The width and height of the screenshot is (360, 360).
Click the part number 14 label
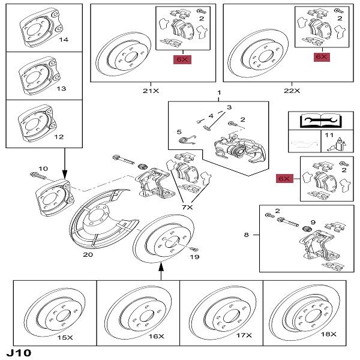click(x=64, y=40)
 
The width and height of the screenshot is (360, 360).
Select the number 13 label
click(x=61, y=88)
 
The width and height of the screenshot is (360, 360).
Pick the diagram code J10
click(x=19, y=352)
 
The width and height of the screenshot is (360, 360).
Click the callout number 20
click(x=88, y=254)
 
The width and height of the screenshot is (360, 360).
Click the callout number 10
click(x=43, y=168)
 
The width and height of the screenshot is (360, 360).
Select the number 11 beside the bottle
click(x=328, y=136)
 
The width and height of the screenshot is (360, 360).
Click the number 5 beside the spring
click(x=179, y=131)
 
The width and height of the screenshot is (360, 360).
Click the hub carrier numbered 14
click(x=40, y=29)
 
